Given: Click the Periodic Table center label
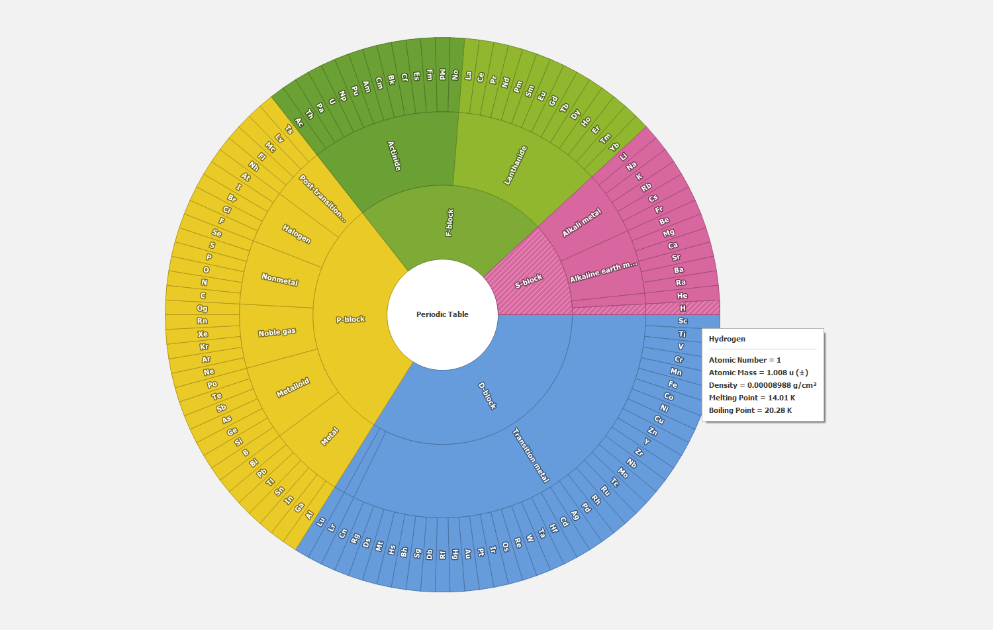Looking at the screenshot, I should coord(442,314).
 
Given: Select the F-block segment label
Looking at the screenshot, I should coord(449,222).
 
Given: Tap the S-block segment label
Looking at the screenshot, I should coord(529,281).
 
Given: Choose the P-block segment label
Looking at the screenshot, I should coord(350,320).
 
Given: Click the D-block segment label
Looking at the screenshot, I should coord(487,395).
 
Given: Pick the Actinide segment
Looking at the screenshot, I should coord(395,156).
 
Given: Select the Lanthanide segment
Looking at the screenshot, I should coord(516,165).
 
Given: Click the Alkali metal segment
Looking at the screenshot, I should coord(582,222).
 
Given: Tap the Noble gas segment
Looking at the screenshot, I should coord(277,332).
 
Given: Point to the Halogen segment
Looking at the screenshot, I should coord(297,234).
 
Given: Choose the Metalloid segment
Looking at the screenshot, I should coord(293,388).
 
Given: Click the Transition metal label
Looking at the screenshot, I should coord(531,455).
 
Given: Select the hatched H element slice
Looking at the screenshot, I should coord(683,308).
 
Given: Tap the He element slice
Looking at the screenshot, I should coord(682,296).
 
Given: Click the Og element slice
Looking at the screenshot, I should coord(202,308).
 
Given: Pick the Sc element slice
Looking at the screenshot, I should coord(683,321).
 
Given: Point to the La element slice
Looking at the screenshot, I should coord(468,75).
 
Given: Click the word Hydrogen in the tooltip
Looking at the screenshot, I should coord(727,339).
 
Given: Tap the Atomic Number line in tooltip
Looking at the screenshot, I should coord(745,360).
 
